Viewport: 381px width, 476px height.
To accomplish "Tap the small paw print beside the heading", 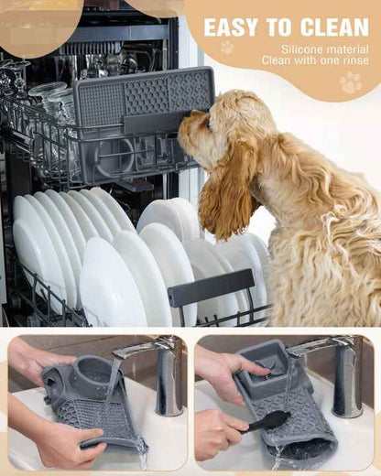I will click(x=226, y=47).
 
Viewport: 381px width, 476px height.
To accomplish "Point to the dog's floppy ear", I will click(x=227, y=188).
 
